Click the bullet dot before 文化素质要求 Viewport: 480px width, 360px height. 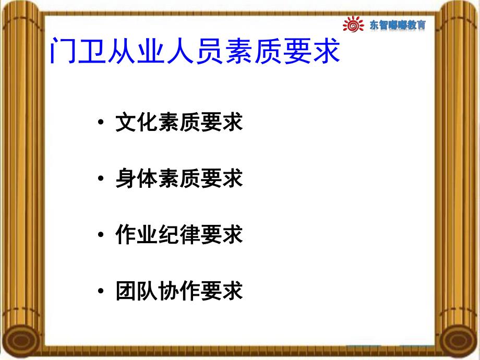100,124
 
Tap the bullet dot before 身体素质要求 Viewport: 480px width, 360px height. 100,179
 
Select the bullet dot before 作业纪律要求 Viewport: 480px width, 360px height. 100,235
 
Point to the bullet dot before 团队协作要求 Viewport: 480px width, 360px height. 100,291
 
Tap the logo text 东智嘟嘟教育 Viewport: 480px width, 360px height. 397,25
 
